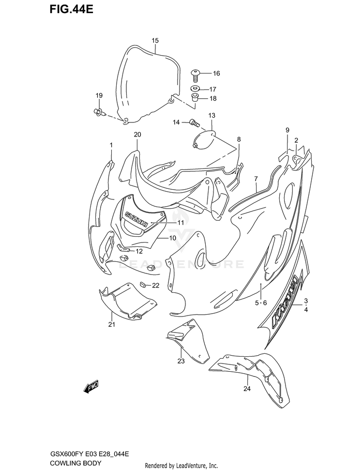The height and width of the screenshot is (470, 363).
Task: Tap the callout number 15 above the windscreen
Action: click(155, 41)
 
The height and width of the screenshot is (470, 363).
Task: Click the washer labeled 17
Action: click(196, 89)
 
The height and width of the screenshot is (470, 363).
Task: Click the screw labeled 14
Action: click(194, 122)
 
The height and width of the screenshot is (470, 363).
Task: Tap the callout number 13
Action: click(212, 116)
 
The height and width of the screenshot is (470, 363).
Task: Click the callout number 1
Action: click(111, 145)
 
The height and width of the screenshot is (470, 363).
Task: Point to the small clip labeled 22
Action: click(144, 285)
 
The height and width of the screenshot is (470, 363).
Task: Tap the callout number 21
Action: click(111, 325)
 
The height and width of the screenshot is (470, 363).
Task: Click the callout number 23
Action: click(181, 361)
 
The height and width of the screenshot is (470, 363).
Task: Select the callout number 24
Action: click(247, 389)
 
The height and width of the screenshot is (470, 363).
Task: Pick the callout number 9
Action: click(287, 130)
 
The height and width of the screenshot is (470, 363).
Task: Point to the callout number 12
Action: click(139, 251)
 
